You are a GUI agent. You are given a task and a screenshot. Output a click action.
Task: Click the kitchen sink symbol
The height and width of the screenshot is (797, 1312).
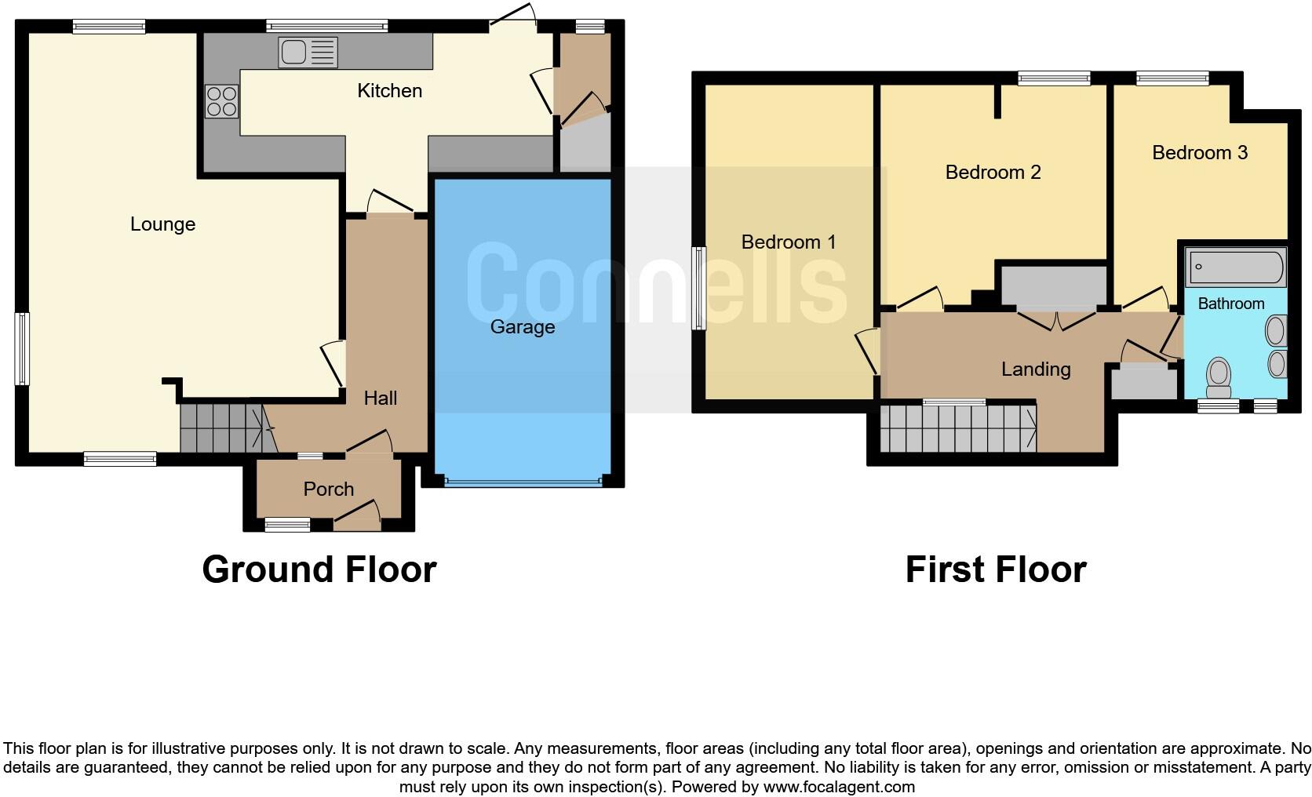308,53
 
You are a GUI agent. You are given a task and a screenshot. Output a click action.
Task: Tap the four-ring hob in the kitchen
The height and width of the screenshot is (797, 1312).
221,101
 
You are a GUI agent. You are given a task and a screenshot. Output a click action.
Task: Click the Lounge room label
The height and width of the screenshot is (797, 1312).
162,224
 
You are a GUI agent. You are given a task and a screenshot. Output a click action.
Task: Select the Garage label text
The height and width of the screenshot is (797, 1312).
523,327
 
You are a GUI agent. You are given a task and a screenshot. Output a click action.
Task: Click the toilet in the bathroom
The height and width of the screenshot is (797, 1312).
1219,377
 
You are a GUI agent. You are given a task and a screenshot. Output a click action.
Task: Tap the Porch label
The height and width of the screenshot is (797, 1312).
328,489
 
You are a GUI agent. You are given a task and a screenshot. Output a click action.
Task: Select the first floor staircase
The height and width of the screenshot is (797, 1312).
957,428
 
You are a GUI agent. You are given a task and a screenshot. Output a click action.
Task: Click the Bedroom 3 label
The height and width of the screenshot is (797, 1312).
1199,153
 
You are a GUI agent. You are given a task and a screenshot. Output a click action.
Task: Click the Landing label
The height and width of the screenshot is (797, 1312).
1036,369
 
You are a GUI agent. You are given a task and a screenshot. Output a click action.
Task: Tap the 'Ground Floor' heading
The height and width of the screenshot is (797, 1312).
319,570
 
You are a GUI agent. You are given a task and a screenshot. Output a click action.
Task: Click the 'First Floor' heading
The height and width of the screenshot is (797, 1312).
995,570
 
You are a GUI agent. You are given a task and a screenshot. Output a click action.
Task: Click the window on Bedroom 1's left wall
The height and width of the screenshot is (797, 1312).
698,288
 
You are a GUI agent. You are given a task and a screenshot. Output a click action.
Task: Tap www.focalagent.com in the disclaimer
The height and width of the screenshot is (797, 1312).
838,787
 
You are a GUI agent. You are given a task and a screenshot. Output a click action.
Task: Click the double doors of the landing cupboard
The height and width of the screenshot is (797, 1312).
1056,320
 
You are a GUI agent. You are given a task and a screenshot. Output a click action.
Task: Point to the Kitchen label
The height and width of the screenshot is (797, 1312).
389,91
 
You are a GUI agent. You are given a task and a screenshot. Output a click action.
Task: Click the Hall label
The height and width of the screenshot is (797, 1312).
380,398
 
